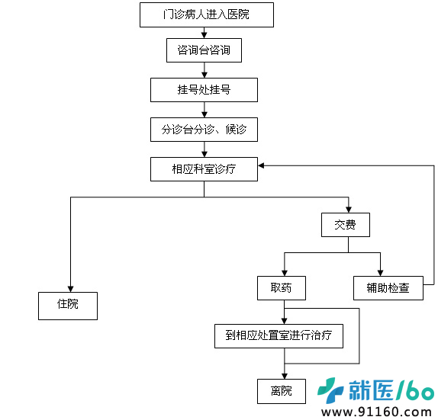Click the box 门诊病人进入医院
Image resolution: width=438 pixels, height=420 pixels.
[x=207, y=14]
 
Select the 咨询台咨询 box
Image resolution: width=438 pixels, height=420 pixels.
[x=204, y=50]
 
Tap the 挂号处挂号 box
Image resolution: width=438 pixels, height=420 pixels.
[x=204, y=90]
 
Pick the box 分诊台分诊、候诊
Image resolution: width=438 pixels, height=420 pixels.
[x=204, y=130]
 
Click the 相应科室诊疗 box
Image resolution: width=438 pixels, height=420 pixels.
[x=204, y=169]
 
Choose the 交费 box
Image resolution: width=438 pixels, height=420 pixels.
[x=346, y=225]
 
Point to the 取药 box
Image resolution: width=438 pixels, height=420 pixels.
[x=282, y=288]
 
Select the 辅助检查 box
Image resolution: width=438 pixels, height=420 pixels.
[x=388, y=288]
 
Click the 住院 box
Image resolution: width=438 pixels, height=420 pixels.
[x=68, y=306]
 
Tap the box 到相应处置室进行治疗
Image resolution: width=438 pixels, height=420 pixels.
[x=279, y=336]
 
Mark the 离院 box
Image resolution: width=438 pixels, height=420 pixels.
[x=282, y=391]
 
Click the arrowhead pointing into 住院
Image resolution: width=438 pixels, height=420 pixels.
[x=70, y=289]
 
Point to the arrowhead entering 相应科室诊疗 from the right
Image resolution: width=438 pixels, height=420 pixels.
[x=261, y=165]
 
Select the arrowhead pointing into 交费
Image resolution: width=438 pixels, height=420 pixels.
[x=348, y=210]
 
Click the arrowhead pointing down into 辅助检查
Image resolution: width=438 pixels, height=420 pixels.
[x=380, y=273]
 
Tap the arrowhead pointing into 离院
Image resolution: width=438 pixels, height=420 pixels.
[x=285, y=376]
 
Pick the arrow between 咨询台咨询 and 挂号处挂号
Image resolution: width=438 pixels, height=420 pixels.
[x=205, y=70]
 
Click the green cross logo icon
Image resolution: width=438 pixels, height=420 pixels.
[x=330, y=390]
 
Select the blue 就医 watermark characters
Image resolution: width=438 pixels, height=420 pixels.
[x=371, y=390]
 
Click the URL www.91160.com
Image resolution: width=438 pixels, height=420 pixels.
[x=376, y=412]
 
